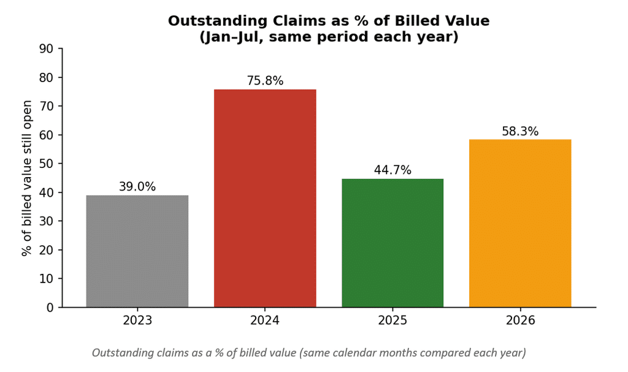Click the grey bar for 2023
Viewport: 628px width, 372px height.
(137, 251)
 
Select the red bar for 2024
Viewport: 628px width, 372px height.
(265, 199)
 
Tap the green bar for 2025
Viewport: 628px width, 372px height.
(392, 243)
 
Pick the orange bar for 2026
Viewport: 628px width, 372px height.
(520, 224)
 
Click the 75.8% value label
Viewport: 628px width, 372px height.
(265, 81)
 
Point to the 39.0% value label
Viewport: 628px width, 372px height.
(137, 186)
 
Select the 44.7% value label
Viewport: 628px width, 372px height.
(392, 170)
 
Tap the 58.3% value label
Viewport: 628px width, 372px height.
(520, 131)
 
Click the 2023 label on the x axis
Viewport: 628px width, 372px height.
(137, 321)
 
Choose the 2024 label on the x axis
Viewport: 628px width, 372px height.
(265, 321)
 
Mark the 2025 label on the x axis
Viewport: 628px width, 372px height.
(392, 321)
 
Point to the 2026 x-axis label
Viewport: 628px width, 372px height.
(520, 321)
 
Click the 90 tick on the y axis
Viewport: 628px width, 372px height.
(46, 49)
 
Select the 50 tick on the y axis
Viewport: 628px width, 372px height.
(46, 164)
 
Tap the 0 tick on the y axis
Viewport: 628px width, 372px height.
(50, 308)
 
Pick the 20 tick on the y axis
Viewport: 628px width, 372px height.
(46, 250)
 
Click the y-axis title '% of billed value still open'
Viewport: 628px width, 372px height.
(26, 178)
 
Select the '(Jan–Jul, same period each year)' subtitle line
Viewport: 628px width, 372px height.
(329, 37)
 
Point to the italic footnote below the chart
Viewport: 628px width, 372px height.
(309, 353)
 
